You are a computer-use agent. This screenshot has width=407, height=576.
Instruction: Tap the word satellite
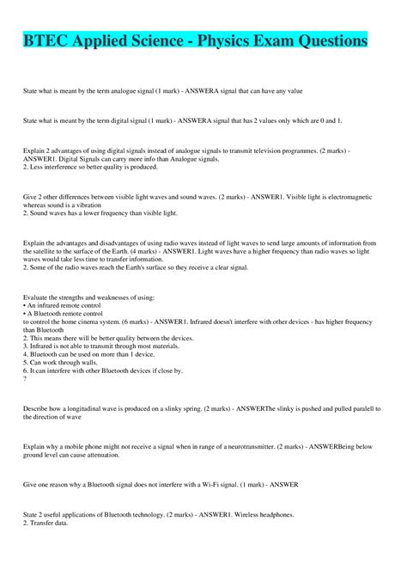(57, 252)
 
